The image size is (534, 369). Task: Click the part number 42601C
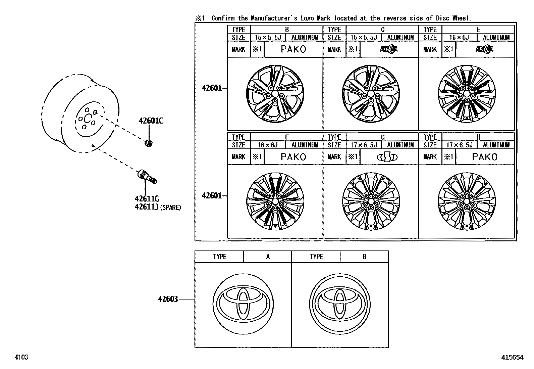click(x=151, y=121)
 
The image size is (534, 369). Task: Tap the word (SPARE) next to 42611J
click(x=170, y=207)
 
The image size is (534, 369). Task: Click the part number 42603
click(x=168, y=299)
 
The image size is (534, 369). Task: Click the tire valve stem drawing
click(x=147, y=177)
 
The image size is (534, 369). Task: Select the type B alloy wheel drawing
click(x=275, y=93)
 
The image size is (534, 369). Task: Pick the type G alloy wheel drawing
click(x=371, y=201)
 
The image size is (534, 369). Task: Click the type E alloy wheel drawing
click(x=466, y=93)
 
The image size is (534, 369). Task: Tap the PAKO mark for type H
click(x=485, y=157)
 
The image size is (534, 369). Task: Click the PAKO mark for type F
click(x=293, y=157)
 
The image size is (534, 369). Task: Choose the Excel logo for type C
click(x=389, y=49)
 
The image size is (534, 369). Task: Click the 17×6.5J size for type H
click(x=459, y=145)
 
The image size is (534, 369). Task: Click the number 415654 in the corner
click(x=512, y=358)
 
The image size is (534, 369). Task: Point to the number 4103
click(x=21, y=357)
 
